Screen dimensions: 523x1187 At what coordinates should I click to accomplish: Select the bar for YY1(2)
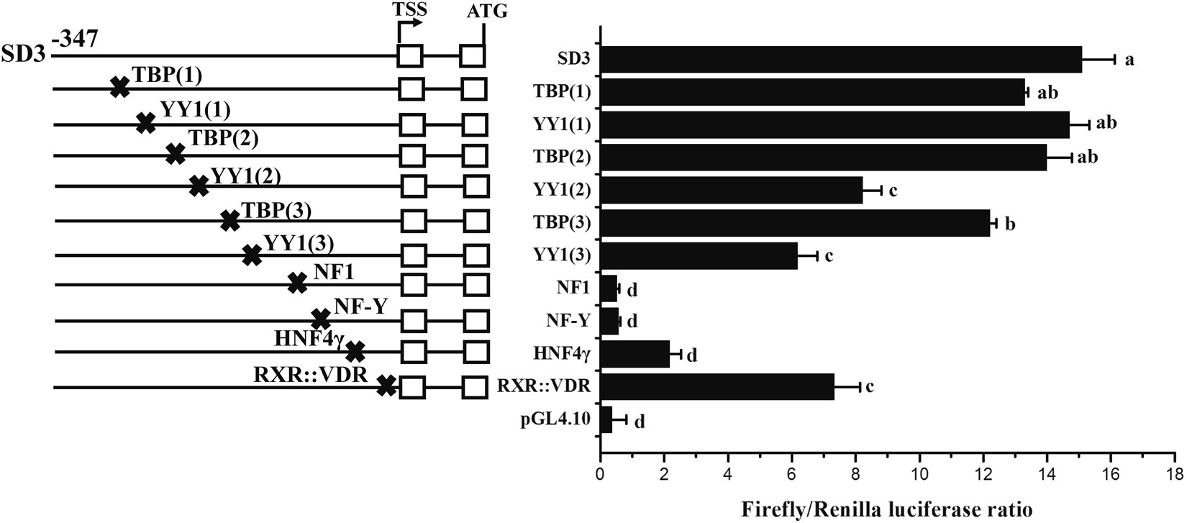(730, 191)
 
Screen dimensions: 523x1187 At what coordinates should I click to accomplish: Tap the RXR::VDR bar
(717, 387)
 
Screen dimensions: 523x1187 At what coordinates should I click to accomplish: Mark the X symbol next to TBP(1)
(120, 88)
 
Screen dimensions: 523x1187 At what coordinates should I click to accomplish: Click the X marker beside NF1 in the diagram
(297, 283)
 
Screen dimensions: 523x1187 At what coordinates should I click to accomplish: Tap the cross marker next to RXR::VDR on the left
(387, 386)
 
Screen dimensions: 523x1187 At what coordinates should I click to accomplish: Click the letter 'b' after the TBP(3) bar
(1010, 224)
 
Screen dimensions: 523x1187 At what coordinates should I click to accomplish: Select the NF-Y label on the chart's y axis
(573, 321)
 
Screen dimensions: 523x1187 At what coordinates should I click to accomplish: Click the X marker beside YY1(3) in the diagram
(252, 255)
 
